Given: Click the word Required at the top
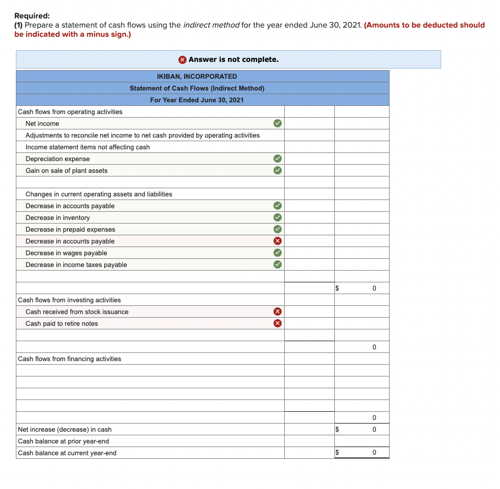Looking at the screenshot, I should point(32,16).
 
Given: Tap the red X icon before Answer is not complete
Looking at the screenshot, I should point(183,59).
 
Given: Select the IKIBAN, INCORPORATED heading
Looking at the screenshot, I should point(197,76).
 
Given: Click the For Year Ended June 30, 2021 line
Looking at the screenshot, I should point(197,100).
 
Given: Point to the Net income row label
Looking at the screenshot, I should point(42,123).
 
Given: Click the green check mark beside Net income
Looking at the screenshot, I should point(277,123).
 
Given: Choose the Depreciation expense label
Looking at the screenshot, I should point(58,159).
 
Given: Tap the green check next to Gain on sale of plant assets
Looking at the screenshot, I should point(277,170).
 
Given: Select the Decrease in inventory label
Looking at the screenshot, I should point(58,217).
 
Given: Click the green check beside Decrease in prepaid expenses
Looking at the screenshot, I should point(277,229).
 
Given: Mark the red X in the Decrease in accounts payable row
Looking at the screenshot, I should point(277,241).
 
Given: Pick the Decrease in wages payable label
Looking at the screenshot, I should point(66,253).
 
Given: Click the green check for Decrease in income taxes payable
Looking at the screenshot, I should point(277,264).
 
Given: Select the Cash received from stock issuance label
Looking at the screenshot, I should point(77,312).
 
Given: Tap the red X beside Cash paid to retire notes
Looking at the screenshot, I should point(277,323).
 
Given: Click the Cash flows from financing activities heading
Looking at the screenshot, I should point(70,359).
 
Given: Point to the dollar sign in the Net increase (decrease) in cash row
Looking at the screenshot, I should point(337,429).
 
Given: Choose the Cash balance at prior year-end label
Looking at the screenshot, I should point(63,441).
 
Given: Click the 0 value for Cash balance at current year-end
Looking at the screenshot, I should point(374,453).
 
